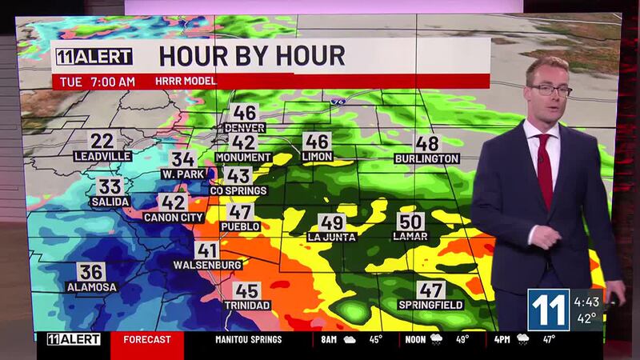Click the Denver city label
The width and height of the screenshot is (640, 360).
click(245, 128)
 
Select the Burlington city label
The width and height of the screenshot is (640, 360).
click(427, 158)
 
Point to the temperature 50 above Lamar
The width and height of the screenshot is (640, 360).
click(410, 222)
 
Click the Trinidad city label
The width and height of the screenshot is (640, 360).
click(247, 305)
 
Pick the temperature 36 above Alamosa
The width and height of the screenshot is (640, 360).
click(91, 272)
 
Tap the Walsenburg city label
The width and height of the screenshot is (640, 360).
click(206, 264)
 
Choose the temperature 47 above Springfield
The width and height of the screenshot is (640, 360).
click(431, 290)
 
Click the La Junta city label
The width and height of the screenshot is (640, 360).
click(331, 237)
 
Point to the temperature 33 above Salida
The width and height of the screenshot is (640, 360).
click(110, 187)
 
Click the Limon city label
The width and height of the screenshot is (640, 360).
click(318, 157)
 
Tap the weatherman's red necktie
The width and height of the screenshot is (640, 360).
click(545, 169)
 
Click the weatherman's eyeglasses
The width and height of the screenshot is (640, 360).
click(550, 90)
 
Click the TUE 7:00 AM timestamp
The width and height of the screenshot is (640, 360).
click(94, 82)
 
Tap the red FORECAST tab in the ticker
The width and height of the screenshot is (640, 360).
click(146, 339)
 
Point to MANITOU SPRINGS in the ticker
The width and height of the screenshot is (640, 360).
click(248, 339)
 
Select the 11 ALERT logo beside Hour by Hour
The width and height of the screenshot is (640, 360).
click(93, 57)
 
